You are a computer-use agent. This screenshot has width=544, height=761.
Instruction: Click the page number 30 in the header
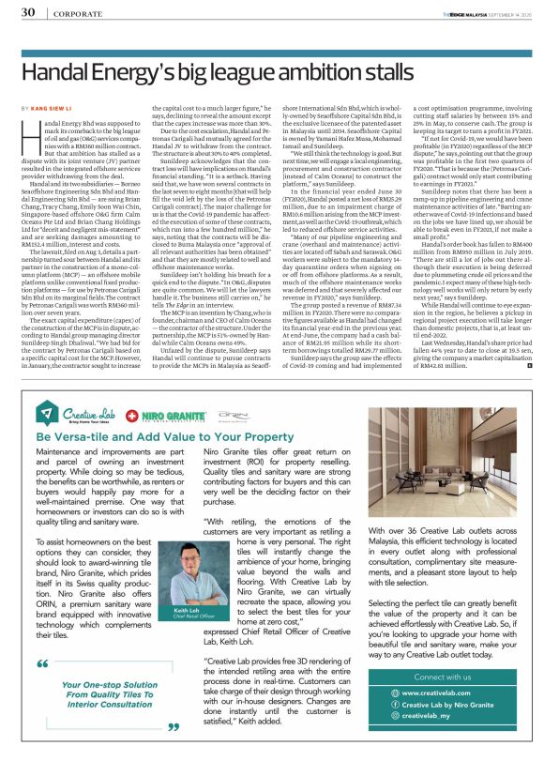tap(28, 13)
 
